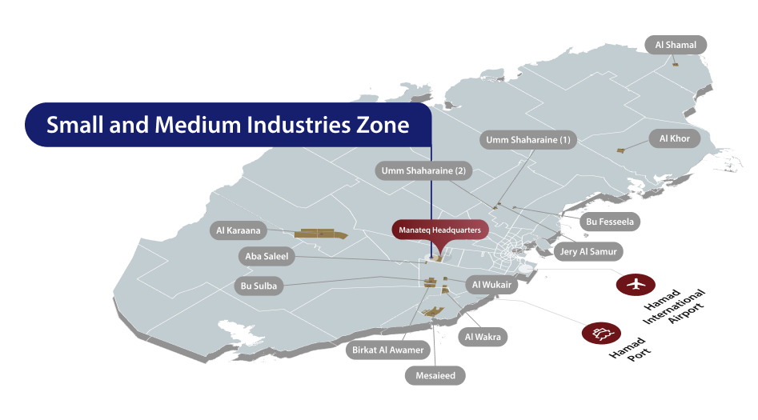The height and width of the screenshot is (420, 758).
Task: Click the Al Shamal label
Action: pos(676,45)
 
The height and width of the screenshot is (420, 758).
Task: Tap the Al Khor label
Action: pos(674,138)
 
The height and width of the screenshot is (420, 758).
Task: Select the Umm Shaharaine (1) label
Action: pos(528,140)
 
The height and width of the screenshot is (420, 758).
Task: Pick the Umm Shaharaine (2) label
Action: pos(423,170)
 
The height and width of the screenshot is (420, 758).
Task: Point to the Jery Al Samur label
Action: pos(588,251)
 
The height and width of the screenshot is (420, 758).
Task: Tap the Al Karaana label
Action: pos(239,231)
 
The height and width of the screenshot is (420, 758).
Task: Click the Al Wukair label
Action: pos(492,284)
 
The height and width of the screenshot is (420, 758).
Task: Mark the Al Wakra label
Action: pos(483,337)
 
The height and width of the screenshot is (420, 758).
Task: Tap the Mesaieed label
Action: pos(435,374)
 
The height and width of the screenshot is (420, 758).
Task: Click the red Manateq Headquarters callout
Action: pos(439,230)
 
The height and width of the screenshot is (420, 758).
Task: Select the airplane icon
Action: pos(636,283)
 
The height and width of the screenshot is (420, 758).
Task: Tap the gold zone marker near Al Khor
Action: pos(620,150)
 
